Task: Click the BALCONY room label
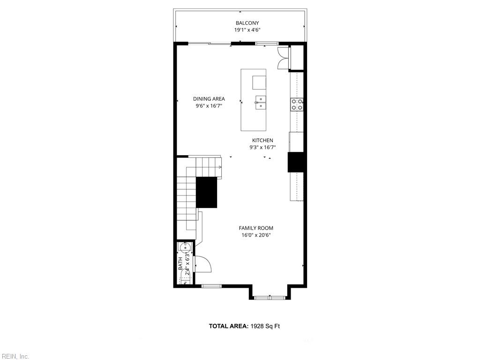point(247,23)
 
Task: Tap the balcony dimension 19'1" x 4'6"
point(247,30)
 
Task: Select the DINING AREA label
point(209,99)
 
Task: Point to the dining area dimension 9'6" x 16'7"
point(209,106)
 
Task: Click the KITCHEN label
point(262,141)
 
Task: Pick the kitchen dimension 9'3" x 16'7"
point(262,148)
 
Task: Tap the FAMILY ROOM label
point(256,228)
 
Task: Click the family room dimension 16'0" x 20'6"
point(256,235)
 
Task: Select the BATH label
point(180,263)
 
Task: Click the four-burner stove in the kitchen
point(297,104)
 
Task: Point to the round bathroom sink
point(186,247)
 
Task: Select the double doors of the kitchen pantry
point(283,58)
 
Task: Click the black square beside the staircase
point(206,193)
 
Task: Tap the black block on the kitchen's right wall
point(295,162)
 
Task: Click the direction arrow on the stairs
point(219,167)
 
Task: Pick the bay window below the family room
point(270,297)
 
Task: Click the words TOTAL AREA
point(229,326)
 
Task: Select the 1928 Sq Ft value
point(265,326)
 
